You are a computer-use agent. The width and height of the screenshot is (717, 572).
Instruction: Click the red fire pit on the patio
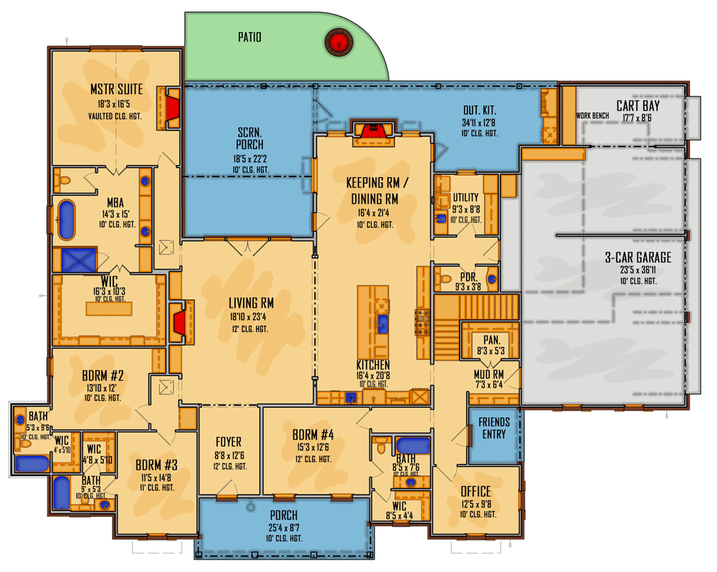[x=336, y=42]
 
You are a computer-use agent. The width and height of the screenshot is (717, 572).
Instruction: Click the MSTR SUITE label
[x=116, y=90]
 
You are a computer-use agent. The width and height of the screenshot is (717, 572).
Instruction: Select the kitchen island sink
[x=382, y=323]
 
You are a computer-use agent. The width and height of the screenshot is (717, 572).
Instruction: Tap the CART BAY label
[x=637, y=106]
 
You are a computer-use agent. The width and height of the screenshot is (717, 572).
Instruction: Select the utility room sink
[x=442, y=218]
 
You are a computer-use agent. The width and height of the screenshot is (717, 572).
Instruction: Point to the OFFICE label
[x=475, y=492]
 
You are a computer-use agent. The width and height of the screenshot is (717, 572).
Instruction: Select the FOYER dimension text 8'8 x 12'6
[x=229, y=455]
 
